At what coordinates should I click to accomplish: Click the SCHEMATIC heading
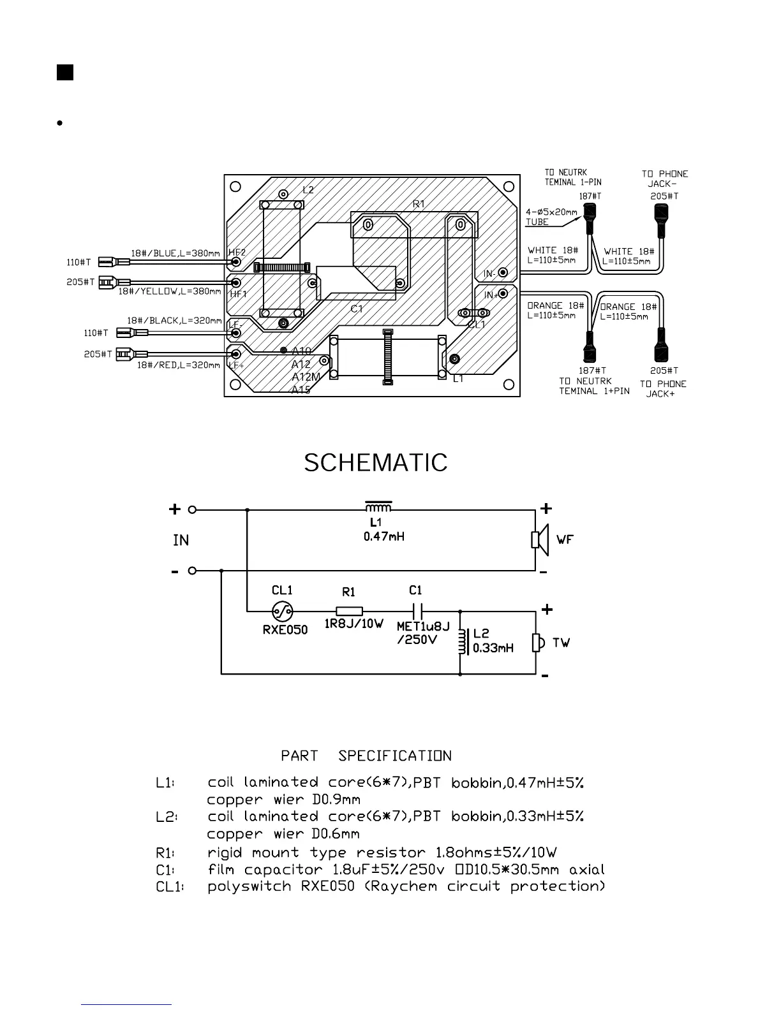tap(375, 463)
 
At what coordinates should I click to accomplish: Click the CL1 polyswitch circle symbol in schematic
tap(282, 611)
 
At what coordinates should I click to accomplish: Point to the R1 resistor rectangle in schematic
tap(349, 611)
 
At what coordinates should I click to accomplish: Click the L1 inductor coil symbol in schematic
tap(378, 508)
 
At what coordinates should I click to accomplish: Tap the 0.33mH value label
tap(493, 648)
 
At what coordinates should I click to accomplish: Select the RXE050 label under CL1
tap(285, 630)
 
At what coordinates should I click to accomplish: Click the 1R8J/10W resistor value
tap(354, 624)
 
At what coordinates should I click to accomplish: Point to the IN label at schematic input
tap(181, 541)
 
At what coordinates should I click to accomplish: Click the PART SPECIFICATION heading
tap(366, 756)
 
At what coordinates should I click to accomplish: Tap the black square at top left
tap(64, 72)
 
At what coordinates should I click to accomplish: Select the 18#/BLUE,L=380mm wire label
tap(175, 254)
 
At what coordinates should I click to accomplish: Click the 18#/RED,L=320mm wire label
tap(179, 365)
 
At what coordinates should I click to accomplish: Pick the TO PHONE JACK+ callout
tap(663, 389)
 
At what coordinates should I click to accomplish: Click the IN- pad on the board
tap(503, 273)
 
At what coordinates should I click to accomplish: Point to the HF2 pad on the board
tap(236, 261)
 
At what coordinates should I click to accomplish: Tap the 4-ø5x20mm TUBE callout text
tap(551, 217)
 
